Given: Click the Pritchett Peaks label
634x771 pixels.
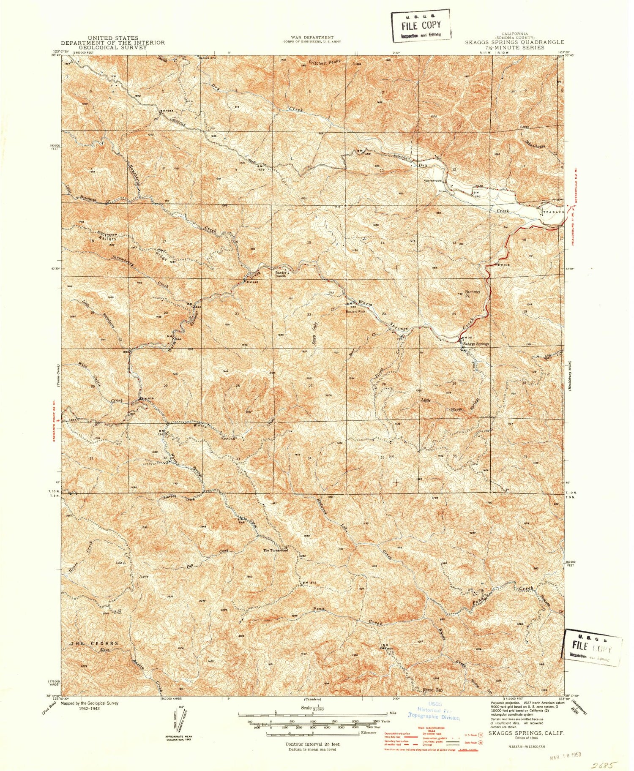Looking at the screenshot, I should [324, 62].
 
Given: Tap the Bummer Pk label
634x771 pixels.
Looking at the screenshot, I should [473, 294].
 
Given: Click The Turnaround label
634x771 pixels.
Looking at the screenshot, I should [276, 550].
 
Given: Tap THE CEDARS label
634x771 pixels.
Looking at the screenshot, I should [94, 643].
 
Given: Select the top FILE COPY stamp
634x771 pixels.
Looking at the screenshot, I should [420, 26].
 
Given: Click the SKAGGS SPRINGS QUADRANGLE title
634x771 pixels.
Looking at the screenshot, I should [514, 42].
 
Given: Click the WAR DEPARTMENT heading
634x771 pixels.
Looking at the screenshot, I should [312, 38].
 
